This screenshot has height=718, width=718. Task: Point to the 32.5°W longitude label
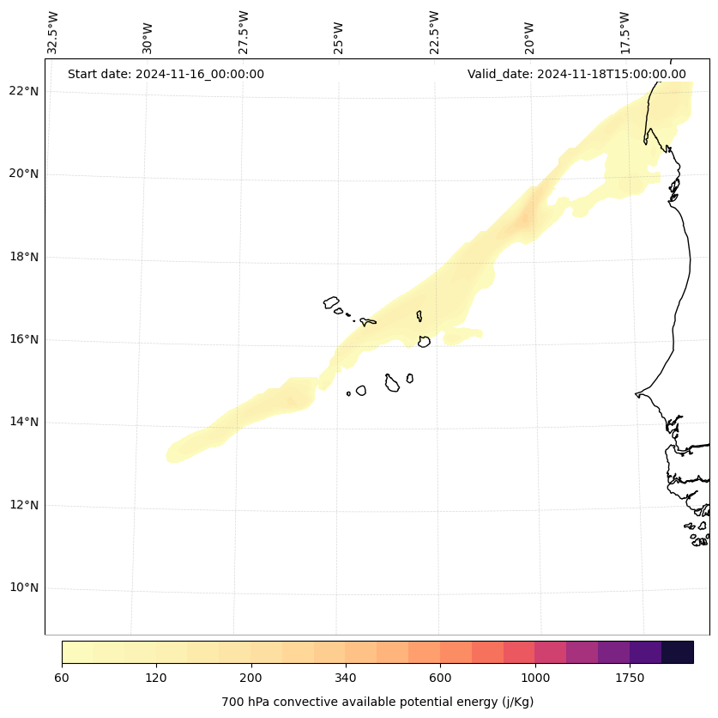pos(53,33)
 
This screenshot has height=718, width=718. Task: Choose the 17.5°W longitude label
pos(625,33)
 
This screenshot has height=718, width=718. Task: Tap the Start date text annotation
pos(166,74)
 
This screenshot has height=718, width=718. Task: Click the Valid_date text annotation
pos(576,74)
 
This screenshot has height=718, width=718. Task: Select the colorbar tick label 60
pos(62,678)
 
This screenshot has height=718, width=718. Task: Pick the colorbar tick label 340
pos(346,678)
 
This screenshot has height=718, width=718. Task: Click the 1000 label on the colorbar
pos(535,678)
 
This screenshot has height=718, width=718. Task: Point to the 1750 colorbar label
pos(630,678)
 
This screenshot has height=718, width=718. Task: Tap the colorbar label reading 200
pos(250,678)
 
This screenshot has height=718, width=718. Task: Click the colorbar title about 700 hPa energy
pos(377,702)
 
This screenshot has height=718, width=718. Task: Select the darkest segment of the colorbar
pos(678,652)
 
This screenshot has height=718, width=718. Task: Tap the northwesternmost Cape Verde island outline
pos(331,302)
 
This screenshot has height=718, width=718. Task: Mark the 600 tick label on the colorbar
pos(440,678)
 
